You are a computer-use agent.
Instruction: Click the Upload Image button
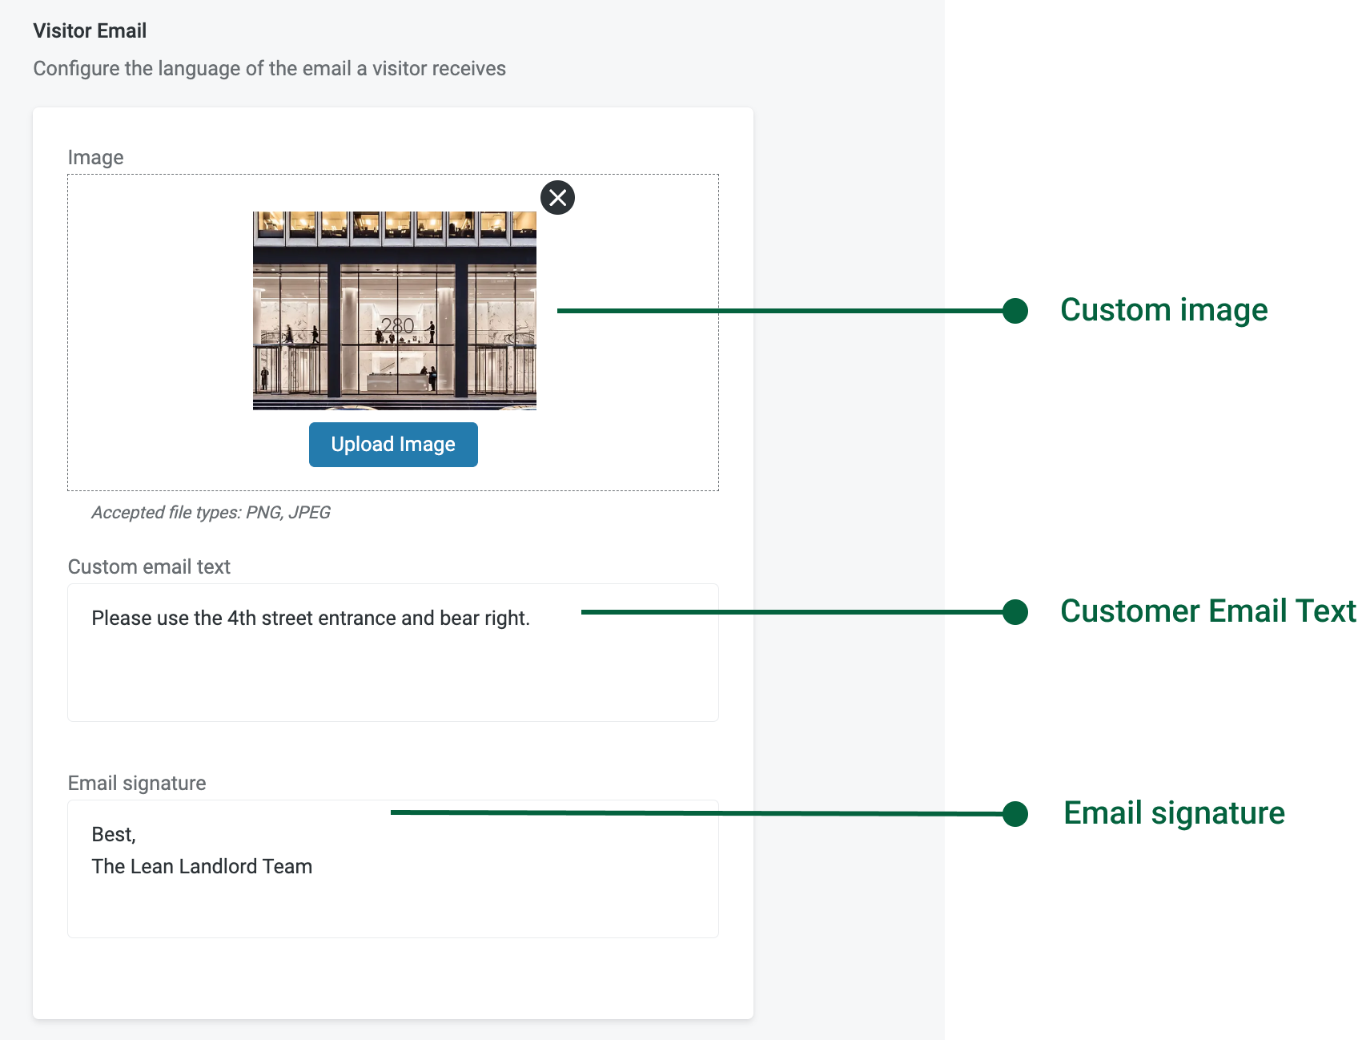(393, 445)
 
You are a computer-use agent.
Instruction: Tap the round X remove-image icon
(558, 197)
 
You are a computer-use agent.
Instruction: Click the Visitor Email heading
(90, 30)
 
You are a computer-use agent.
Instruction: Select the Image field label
(95, 157)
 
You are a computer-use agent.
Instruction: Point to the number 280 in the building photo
(397, 325)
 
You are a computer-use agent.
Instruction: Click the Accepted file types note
(211, 513)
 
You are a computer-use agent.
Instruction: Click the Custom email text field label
(149, 566)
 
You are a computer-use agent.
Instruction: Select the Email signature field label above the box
(137, 783)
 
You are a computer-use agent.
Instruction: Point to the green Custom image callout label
(1163, 310)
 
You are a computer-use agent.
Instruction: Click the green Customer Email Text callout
(1208, 611)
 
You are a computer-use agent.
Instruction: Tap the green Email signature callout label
(1174, 813)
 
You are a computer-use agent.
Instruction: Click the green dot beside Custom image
(1015, 311)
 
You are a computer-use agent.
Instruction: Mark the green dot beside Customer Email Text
(1015, 612)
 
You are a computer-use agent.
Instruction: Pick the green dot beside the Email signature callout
(1015, 814)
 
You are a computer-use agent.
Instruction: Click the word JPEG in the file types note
(309, 513)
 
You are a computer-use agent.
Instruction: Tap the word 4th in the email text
(242, 619)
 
